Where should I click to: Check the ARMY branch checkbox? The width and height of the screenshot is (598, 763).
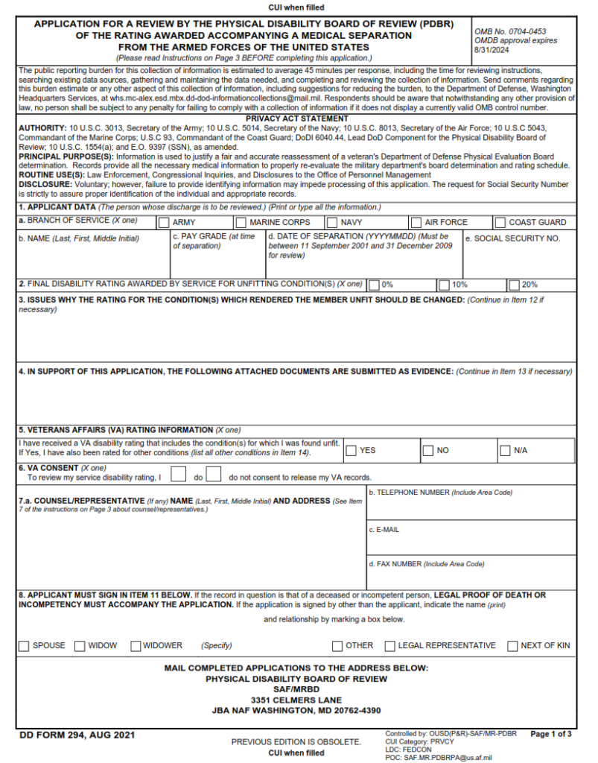(x=163, y=222)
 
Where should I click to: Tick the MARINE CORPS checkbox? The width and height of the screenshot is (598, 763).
(x=241, y=222)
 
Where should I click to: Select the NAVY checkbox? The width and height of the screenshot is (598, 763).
(x=331, y=222)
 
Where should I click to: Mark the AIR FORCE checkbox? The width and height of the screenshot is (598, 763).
(x=416, y=222)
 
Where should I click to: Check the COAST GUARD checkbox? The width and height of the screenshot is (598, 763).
(x=500, y=222)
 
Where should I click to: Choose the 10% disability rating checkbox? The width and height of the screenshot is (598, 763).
(x=444, y=285)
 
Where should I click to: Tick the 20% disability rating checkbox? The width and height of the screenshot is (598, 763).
(x=514, y=285)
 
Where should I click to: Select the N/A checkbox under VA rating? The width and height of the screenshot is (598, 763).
(x=505, y=450)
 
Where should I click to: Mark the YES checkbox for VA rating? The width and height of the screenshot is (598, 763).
(x=351, y=450)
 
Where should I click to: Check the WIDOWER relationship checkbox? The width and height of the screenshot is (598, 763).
(x=136, y=645)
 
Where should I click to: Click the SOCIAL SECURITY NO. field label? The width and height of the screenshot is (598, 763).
(x=512, y=238)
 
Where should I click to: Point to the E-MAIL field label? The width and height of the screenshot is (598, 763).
(x=384, y=530)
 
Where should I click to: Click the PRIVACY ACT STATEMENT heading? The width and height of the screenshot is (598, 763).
(x=296, y=118)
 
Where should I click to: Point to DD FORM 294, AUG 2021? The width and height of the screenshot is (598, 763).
(x=77, y=735)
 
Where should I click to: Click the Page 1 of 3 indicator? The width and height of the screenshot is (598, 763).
(x=551, y=734)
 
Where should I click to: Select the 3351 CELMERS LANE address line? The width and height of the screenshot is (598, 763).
(x=296, y=700)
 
